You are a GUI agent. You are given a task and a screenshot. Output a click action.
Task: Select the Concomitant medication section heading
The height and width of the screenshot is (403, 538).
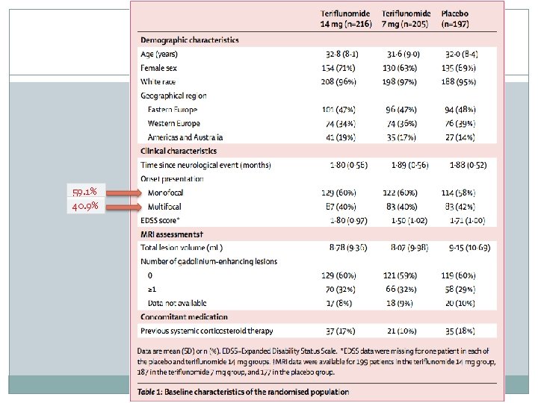184,316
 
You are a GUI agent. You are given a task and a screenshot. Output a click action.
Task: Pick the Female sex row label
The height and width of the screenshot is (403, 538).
161,67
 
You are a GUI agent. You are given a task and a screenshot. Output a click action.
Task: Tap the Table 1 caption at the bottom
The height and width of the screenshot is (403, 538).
244,392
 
